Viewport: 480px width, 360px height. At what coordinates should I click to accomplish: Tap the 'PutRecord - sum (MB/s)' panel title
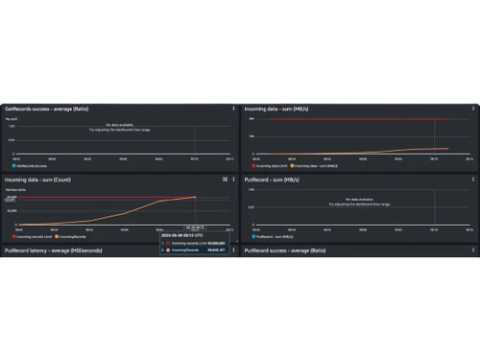(x=274, y=179)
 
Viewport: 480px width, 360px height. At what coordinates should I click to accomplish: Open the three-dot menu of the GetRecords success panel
(x=232, y=108)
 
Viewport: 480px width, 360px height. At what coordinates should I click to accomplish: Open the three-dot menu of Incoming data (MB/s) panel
(x=473, y=108)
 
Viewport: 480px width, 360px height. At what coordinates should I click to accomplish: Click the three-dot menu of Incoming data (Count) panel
(x=232, y=179)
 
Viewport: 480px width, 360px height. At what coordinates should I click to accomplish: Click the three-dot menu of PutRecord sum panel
(x=473, y=179)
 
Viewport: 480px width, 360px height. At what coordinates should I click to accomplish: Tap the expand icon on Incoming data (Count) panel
(x=224, y=179)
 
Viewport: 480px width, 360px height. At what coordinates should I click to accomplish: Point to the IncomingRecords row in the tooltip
(x=197, y=250)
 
